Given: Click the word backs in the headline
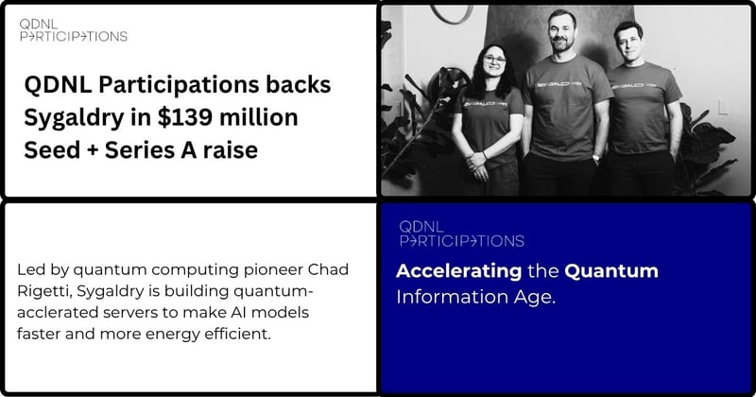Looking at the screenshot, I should pyautogui.click(x=297, y=85).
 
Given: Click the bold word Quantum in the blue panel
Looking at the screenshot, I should pyautogui.click(x=610, y=271).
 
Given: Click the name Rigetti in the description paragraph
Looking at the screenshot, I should pyautogui.click(x=43, y=291).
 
